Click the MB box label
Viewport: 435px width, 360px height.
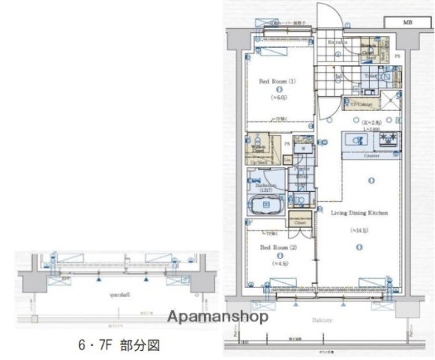coord(408,22)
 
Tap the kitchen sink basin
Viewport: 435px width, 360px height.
coord(353,141)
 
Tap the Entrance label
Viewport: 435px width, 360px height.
coord(337,43)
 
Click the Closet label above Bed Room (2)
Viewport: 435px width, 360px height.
coord(299,223)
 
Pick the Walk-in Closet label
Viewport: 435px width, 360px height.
coord(259,148)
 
